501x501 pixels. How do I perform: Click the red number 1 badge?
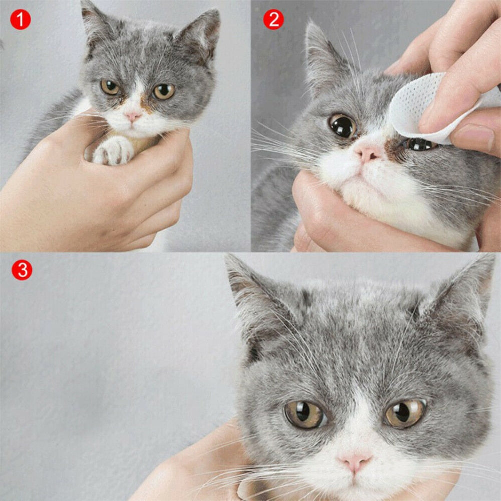(21, 19)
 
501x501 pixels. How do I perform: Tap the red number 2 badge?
(273, 19)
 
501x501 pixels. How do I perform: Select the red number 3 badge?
(22, 270)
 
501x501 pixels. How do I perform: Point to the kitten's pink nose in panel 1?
(133, 116)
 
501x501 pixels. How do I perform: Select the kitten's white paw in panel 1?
(113, 150)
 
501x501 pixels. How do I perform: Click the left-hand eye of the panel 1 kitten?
(110, 87)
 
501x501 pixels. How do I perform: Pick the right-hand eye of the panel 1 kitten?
(164, 91)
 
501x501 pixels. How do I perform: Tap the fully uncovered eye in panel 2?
(343, 126)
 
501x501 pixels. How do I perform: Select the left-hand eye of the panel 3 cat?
(305, 414)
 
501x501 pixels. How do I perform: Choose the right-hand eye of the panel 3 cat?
(405, 413)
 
